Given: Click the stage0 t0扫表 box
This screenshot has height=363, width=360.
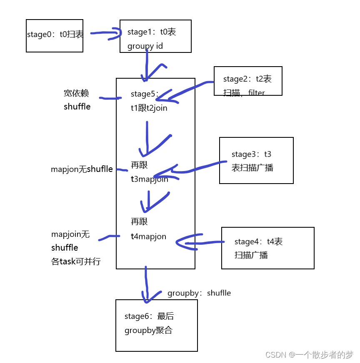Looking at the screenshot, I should tap(55, 35).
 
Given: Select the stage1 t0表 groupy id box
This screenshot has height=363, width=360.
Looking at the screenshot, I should tap(155, 36).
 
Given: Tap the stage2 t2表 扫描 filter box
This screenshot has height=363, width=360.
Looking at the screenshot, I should tap(248, 81).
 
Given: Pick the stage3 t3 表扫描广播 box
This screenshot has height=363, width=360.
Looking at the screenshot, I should tap(256, 160).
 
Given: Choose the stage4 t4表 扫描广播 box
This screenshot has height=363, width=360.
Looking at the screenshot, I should tap(267, 248).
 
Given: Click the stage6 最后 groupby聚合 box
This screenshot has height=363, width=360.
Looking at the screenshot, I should tap(156, 325).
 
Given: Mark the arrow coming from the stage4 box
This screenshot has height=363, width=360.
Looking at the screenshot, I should tap(200, 243).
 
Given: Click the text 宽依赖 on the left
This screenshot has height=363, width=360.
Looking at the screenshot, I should tap(76, 93).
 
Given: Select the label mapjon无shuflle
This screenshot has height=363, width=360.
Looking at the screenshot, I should tap(82, 169).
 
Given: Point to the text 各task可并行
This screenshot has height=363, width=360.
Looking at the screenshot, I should tap(76, 262).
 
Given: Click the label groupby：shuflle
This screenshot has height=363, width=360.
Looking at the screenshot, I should tap(199, 293).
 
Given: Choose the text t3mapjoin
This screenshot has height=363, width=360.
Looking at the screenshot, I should tap(149, 179).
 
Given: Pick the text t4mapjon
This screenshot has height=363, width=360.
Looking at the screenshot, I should tap(148, 236).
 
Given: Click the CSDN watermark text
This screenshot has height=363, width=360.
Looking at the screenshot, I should tap(309, 355).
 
